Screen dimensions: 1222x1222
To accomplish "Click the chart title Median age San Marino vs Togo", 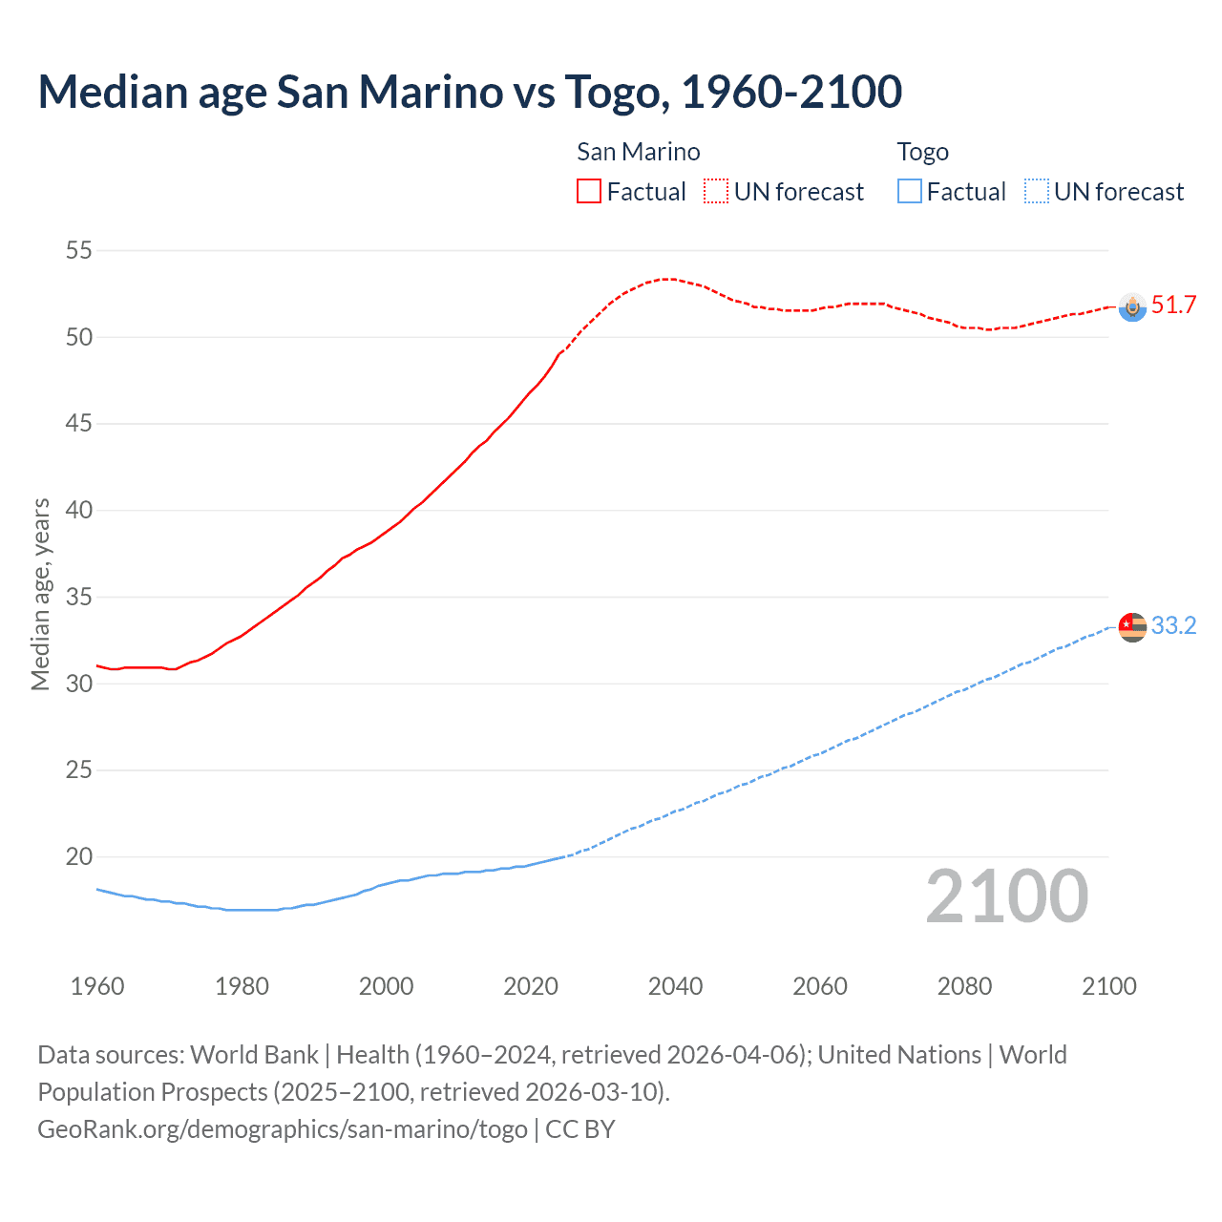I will click(x=470, y=93).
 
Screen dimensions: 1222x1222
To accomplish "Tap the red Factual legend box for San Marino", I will click(x=589, y=191).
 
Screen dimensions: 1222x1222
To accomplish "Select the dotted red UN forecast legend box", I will click(x=716, y=191).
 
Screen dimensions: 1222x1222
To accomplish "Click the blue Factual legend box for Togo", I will click(x=909, y=191).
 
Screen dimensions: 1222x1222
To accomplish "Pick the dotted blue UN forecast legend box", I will click(x=1036, y=191).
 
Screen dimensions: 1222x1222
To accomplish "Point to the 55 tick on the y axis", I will click(x=78, y=251).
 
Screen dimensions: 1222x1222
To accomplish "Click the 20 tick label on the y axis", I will click(x=78, y=856).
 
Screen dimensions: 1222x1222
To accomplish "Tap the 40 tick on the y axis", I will click(x=78, y=511).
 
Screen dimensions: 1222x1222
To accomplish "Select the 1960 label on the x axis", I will click(x=97, y=986).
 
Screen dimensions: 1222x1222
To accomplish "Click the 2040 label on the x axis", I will click(x=675, y=986).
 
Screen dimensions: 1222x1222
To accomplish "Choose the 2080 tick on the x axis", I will click(x=964, y=986).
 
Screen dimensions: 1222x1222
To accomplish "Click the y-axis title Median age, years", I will click(x=40, y=594).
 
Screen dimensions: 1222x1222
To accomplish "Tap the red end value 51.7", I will click(x=1173, y=305).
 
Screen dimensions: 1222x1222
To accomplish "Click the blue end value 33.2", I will click(x=1173, y=626).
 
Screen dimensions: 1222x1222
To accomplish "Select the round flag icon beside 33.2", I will click(x=1132, y=627).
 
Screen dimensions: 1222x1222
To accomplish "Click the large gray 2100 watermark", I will click(x=1006, y=896).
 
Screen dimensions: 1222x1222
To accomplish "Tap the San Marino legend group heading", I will click(x=638, y=152).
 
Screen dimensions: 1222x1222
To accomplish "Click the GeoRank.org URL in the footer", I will click(x=283, y=1129).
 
